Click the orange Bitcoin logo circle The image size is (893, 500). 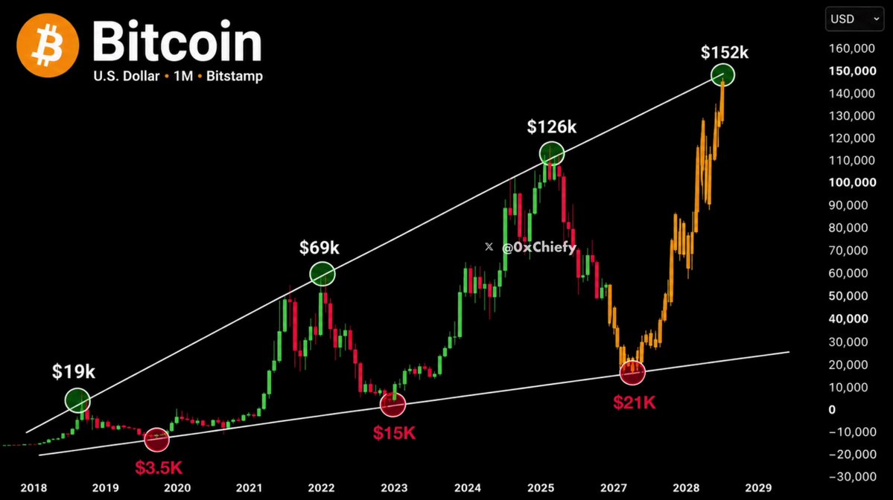(48, 45)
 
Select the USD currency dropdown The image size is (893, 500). (854, 19)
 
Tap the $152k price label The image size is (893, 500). (725, 52)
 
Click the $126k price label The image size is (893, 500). (551, 126)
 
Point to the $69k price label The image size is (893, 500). (320, 248)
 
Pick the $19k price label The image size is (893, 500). (74, 371)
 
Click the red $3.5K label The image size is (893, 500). (159, 467)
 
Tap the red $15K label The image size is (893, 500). (394, 433)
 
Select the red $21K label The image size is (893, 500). (635, 403)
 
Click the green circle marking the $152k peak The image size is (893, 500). (722, 75)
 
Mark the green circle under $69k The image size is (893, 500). (322, 274)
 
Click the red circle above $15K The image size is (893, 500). (393, 405)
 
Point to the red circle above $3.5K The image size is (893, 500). (156, 440)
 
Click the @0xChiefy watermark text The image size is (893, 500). (538, 248)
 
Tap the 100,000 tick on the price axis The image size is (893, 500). (853, 182)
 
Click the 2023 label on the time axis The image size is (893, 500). (394, 487)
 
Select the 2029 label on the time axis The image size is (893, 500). (759, 487)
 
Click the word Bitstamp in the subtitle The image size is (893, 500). (235, 76)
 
